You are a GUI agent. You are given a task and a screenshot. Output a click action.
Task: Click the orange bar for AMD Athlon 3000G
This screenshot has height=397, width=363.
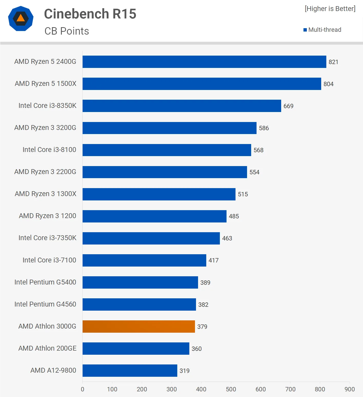[x=139, y=326]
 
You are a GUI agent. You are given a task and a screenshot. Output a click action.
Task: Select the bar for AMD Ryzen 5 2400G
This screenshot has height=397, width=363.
[x=204, y=62]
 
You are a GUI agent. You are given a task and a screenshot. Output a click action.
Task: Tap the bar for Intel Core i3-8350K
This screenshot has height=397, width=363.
[x=182, y=106]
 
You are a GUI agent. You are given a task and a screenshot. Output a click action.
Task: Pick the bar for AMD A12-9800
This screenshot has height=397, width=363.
[x=130, y=371]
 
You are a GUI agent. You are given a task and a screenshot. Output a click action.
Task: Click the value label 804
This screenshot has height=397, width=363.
[x=328, y=84]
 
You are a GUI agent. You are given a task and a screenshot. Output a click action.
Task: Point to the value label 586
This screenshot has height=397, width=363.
[x=264, y=128]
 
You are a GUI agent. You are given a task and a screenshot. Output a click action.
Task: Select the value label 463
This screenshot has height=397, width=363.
[x=227, y=238]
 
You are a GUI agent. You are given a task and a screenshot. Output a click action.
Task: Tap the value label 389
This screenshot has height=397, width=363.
[x=205, y=282]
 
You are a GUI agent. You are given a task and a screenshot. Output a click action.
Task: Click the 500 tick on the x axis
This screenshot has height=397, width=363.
[x=231, y=389]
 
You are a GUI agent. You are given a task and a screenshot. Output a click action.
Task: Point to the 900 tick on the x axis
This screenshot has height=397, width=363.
[x=350, y=389]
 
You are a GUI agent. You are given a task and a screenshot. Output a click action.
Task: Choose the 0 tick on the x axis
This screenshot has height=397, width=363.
[x=83, y=389]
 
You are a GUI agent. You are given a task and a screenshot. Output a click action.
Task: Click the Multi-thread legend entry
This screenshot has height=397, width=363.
[x=322, y=30]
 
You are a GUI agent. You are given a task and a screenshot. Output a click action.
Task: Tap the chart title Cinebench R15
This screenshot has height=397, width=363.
[x=90, y=14]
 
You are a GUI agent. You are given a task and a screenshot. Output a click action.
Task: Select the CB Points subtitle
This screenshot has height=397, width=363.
[x=67, y=31]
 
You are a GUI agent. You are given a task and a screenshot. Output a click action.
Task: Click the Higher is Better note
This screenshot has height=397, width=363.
[x=330, y=9]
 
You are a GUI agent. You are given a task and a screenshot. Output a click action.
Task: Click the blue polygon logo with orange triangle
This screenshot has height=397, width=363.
[x=21, y=18]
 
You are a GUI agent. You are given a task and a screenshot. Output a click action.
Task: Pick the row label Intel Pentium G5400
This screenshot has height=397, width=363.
[x=45, y=282]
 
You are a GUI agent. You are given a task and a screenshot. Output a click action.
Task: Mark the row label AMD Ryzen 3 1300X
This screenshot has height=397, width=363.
[x=45, y=194]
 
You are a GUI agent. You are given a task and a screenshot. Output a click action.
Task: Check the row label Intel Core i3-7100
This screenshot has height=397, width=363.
[x=49, y=260]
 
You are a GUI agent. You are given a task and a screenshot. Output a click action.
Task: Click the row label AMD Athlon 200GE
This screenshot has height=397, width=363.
[x=47, y=348]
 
